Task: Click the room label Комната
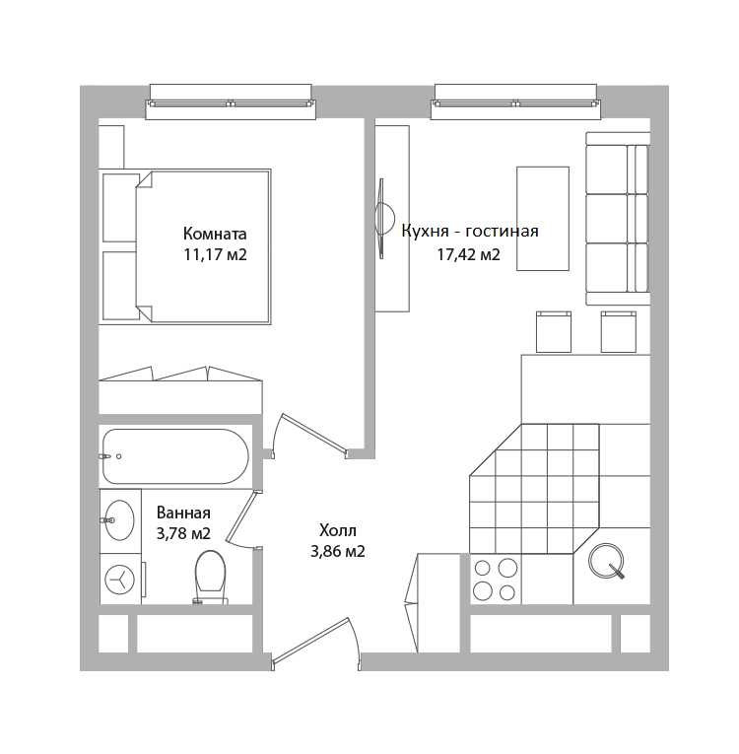pyautogui.click(x=215, y=234)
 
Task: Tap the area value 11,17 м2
pyautogui.click(x=215, y=254)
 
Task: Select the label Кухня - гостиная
pyautogui.click(x=470, y=231)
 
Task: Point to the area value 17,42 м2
pyautogui.click(x=468, y=254)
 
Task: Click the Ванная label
pyautogui.click(x=183, y=514)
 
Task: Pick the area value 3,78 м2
pyautogui.click(x=183, y=533)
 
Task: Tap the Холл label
pyautogui.click(x=338, y=531)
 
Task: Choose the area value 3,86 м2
pyautogui.click(x=338, y=551)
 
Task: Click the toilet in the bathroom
pyautogui.click(x=210, y=577)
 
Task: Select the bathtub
pyautogui.click(x=175, y=456)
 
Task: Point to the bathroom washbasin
pyautogui.click(x=119, y=519)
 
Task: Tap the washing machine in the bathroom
pyautogui.click(x=120, y=579)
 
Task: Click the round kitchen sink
pyautogui.click(x=606, y=560)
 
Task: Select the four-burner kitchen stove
pyautogui.click(x=496, y=579)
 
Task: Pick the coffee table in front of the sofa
pyautogui.click(x=543, y=219)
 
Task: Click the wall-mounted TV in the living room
pyautogui.click(x=384, y=219)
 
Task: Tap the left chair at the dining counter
pyautogui.click(x=554, y=332)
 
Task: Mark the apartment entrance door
pyautogui.click(x=315, y=643)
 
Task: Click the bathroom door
pyautogui.click(x=241, y=518)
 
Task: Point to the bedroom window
pyautogui.click(x=231, y=102)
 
